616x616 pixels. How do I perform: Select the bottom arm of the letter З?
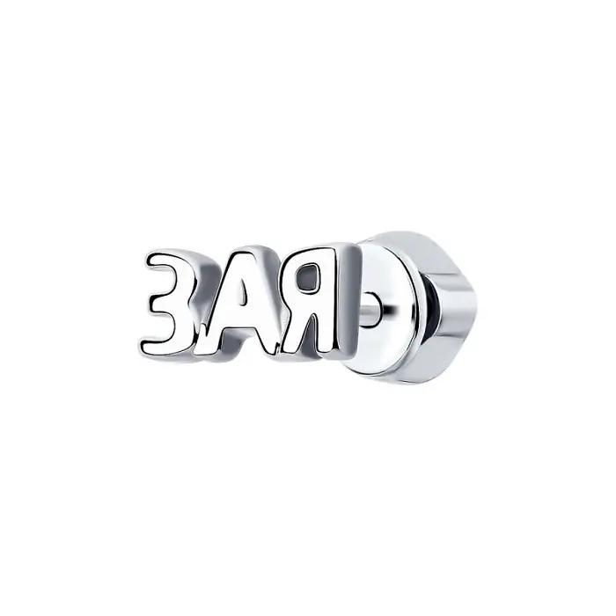(x=169, y=344)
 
